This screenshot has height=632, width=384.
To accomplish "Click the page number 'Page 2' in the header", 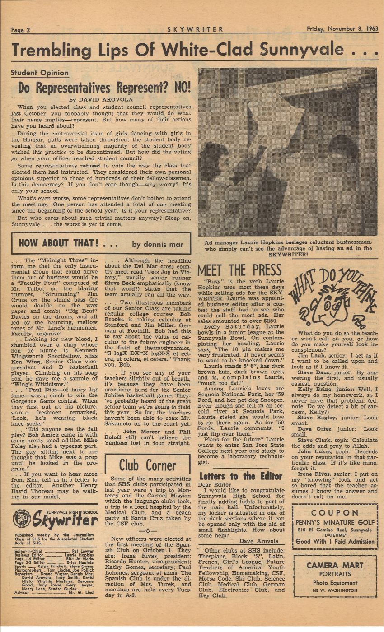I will (21, 30).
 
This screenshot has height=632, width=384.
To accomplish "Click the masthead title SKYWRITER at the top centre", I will (195, 29).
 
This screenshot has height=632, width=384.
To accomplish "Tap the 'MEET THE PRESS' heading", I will (239, 270).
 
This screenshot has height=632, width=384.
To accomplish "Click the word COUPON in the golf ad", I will (335, 513).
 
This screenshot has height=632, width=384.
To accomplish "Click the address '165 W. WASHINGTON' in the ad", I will (335, 590).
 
